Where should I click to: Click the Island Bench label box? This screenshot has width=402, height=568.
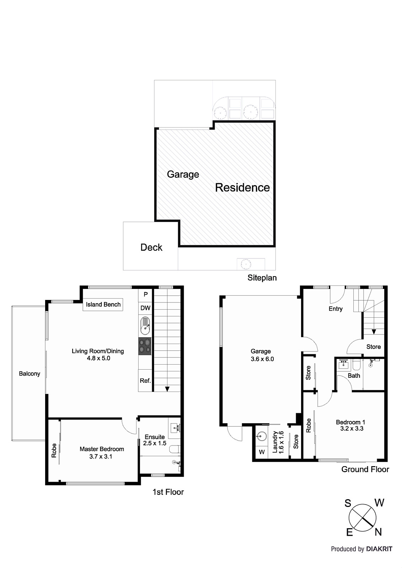[103, 305]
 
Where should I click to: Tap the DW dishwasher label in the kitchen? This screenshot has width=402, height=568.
[145, 308]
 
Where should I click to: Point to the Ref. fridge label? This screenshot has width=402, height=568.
[145, 381]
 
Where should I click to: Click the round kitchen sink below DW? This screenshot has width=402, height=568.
[145, 326]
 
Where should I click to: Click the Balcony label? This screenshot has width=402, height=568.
[30, 373]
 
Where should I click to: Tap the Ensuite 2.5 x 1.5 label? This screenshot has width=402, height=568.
[155, 440]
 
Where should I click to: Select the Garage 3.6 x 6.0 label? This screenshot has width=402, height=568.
[261, 355]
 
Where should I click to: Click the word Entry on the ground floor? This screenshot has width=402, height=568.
[336, 309]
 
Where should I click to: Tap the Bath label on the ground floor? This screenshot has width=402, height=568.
[354, 376]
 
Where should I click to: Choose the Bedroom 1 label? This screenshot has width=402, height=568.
[350, 425]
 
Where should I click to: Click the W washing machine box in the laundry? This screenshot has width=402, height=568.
[262, 452]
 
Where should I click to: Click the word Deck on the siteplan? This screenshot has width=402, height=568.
[151, 247]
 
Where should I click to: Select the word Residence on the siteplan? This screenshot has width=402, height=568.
[242, 187]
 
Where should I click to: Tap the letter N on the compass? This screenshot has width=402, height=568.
[378, 532]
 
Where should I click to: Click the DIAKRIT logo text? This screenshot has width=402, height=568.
[379, 549]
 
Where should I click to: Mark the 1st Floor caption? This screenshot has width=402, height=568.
[168, 492]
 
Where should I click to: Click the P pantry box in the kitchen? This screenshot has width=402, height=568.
[145, 295]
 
